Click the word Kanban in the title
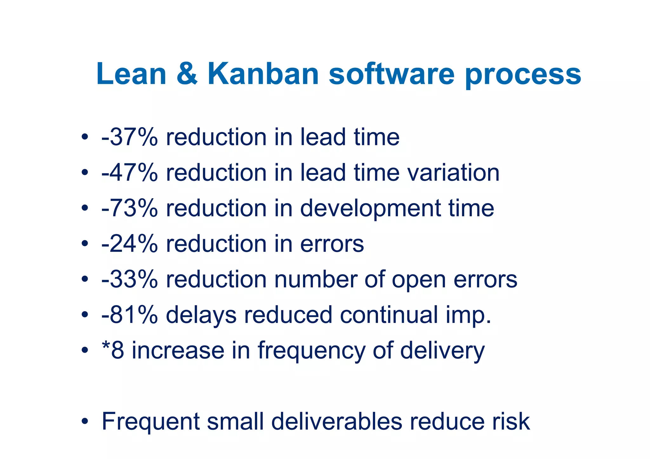coord(263,74)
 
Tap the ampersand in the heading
coord(187,74)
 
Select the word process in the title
coord(523,76)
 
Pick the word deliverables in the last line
coord(337,422)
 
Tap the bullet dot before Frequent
coord(84,422)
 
